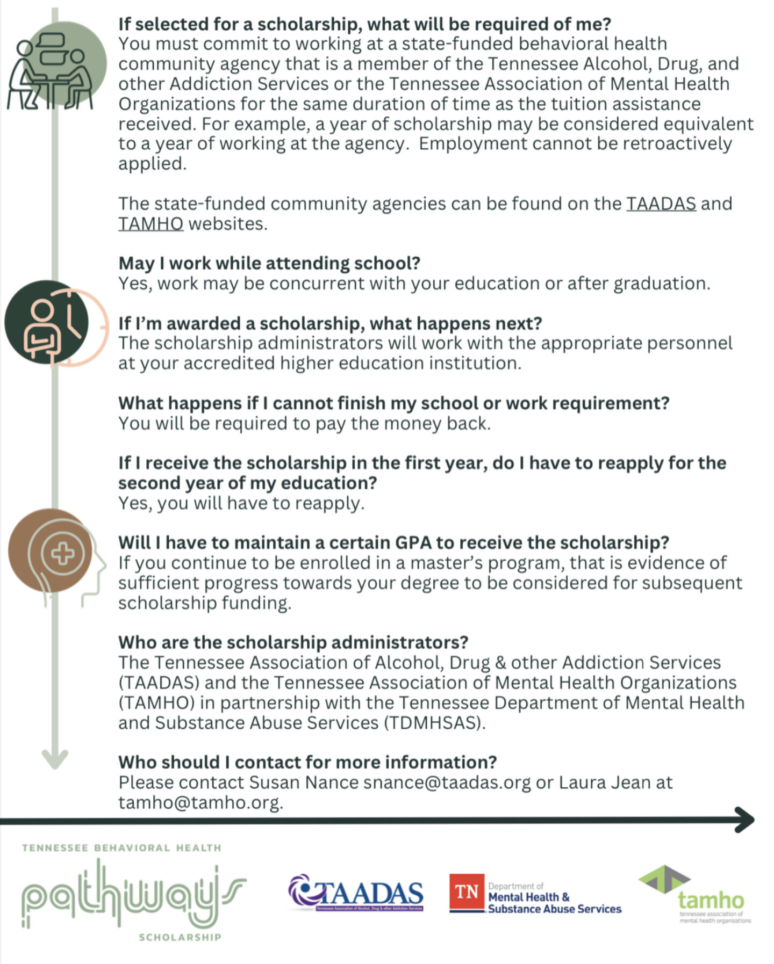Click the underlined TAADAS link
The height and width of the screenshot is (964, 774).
tap(661, 204)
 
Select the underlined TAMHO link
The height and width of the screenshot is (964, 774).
tap(150, 223)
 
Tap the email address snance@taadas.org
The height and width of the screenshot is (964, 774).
tap(447, 782)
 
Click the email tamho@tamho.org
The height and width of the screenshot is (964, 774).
tap(200, 802)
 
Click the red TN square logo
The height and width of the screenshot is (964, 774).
tap(466, 892)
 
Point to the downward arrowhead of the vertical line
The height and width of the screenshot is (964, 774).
tap(55, 758)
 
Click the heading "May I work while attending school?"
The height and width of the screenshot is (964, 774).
tap(269, 263)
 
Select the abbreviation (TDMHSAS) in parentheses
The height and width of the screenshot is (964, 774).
tap(434, 723)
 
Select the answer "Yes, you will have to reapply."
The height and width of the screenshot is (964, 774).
tap(241, 503)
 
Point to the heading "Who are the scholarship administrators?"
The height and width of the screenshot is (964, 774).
tap(293, 642)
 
